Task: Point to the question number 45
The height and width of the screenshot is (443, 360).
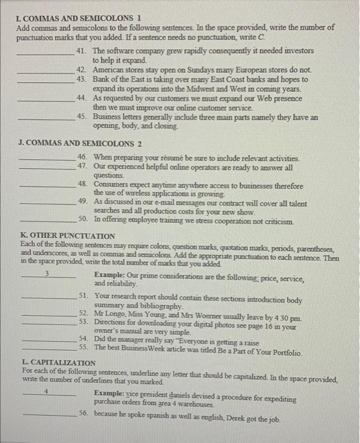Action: (82, 117)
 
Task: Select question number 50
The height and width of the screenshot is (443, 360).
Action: (82, 218)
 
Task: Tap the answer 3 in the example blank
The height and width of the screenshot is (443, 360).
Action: (47, 275)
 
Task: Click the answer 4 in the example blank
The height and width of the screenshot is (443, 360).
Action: (47, 392)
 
